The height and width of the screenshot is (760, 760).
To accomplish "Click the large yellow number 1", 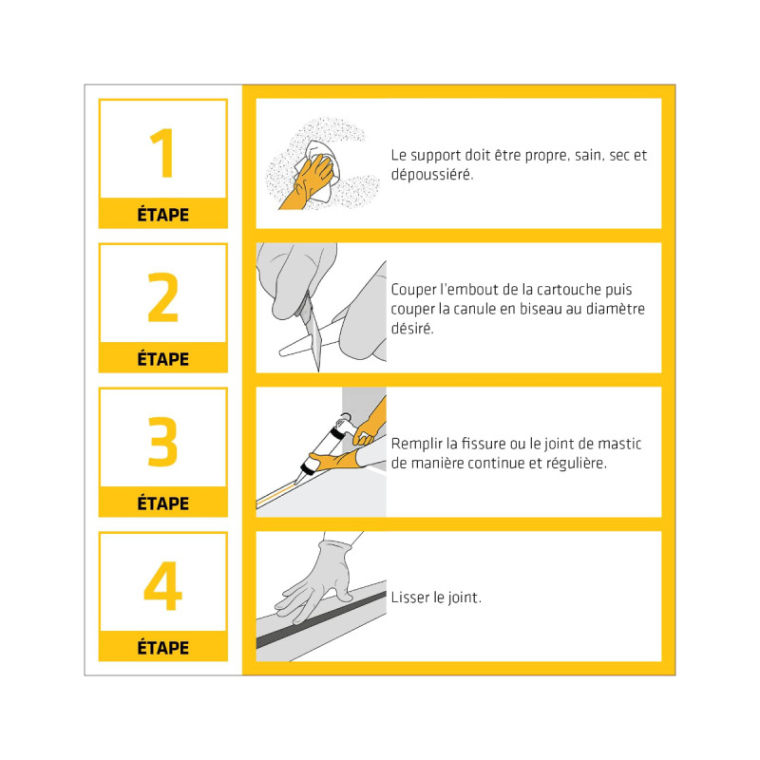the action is click(x=162, y=153).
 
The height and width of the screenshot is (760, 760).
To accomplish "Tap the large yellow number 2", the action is click(x=162, y=297).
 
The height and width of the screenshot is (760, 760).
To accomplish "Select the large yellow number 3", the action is click(x=162, y=442).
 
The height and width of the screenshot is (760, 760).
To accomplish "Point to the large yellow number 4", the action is click(x=162, y=585).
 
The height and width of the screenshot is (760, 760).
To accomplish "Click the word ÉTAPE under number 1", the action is click(x=162, y=215).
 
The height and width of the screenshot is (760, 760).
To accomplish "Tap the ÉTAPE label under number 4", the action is click(x=162, y=647).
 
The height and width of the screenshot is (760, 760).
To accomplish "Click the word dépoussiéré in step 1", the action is click(x=432, y=175).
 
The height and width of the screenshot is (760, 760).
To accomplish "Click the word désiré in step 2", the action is click(x=412, y=328).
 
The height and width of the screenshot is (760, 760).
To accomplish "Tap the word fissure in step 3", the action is click(x=484, y=444).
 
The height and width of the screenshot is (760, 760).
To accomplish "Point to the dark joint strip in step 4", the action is click(x=321, y=619).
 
